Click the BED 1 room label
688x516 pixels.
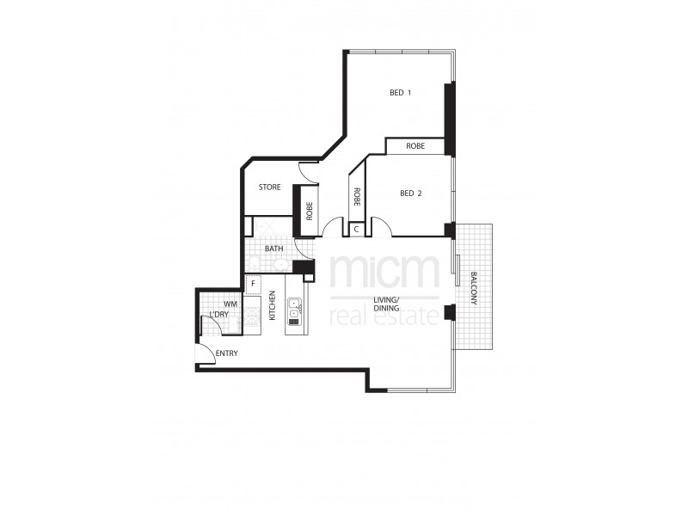click(x=399, y=93)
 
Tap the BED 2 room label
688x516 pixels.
click(x=410, y=193)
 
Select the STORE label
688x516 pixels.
click(x=269, y=187)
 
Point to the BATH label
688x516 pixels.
click(x=273, y=249)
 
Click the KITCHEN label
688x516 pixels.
click(x=273, y=305)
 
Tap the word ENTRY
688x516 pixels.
click(x=227, y=353)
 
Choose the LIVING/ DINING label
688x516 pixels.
click(x=385, y=305)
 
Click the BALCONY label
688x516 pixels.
click(x=474, y=288)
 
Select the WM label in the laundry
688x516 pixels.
click(x=230, y=304)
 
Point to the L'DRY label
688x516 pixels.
click(x=219, y=315)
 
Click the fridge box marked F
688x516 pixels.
click(x=253, y=284)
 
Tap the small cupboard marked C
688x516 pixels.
click(x=356, y=230)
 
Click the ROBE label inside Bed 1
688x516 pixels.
click(x=415, y=147)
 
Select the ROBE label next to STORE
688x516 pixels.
click(x=308, y=211)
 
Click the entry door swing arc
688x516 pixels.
click(x=205, y=352)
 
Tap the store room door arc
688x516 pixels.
click(x=309, y=170)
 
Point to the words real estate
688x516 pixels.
click(x=385, y=316)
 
